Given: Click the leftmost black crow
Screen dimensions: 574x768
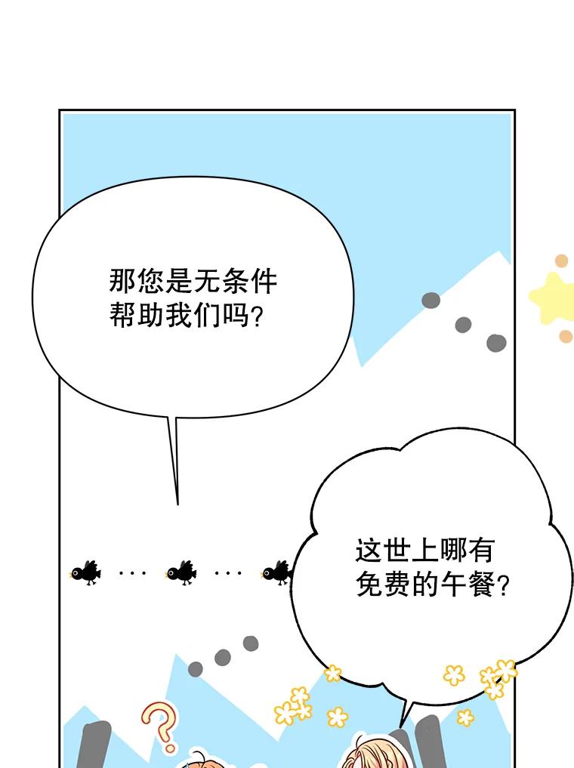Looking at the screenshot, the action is pyautogui.click(x=86, y=572).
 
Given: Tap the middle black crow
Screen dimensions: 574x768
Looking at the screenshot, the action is pyautogui.click(x=181, y=572).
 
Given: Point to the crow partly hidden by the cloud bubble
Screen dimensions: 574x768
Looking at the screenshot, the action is pyautogui.click(x=277, y=572).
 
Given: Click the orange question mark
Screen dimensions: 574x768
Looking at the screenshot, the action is pyautogui.click(x=161, y=727).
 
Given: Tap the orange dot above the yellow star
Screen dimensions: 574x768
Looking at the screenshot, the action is pyautogui.click(x=561, y=261).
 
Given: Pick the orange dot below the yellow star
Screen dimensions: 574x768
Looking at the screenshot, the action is pyautogui.click(x=566, y=337).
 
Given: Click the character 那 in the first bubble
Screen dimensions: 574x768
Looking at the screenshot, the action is pyautogui.click(x=122, y=281).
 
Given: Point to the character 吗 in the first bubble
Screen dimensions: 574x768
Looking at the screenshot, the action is pyautogui.click(x=236, y=315).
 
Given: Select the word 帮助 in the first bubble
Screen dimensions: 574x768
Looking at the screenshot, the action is pyautogui.click(x=137, y=315).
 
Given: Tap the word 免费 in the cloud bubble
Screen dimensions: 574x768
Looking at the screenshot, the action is pyautogui.click(x=384, y=584).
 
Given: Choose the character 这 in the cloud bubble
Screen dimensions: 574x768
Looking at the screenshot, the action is pyautogui.click(x=369, y=550).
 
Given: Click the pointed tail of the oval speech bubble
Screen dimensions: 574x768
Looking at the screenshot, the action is pyautogui.click(x=177, y=504).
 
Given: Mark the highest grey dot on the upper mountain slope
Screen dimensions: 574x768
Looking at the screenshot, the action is pyautogui.click(x=431, y=301).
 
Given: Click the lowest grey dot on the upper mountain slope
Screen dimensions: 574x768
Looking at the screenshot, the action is pyautogui.click(x=496, y=343).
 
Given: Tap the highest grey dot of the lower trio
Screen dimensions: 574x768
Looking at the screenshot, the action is pyautogui.click(x=250, y=643).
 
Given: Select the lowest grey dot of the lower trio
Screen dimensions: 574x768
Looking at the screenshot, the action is pyautogui.click(x=196, y=669).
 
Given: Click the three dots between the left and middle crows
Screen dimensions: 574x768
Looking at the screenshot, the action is pyautogui.click(x=133, y=572).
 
